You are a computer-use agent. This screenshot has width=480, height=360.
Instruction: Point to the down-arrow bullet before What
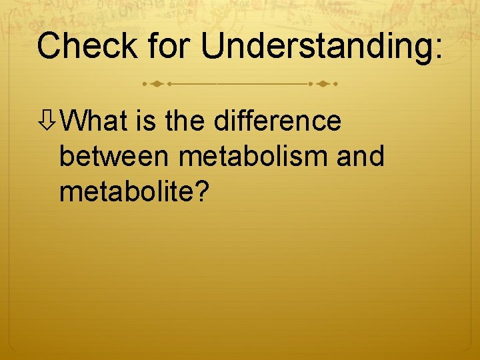[49, 122]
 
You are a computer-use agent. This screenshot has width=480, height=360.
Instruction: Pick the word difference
[278, 121]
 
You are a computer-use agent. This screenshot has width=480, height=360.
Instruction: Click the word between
[114, 157]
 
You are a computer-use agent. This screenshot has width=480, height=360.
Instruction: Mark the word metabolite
[127, 192]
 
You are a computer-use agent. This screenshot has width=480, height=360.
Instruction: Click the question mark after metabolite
[202, 192]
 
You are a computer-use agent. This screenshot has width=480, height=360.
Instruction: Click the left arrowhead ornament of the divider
[157, 85]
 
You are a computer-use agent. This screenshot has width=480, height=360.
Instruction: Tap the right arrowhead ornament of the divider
[323, 85]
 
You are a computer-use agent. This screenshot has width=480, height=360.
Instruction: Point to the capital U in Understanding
[213, 46]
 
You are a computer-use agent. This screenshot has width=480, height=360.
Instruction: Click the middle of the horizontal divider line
[240, 85]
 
